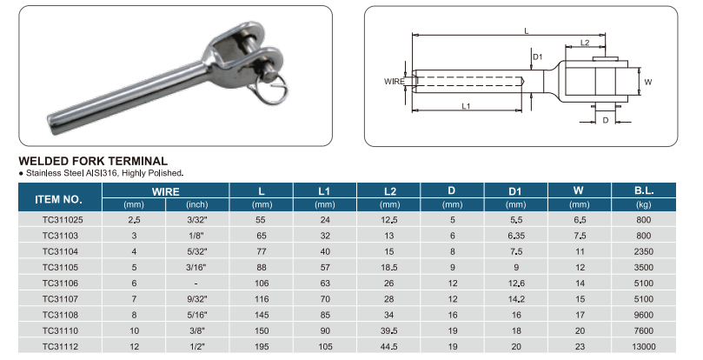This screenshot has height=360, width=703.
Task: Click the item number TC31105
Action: point(60,268)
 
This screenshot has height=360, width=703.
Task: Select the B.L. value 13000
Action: point(643,347)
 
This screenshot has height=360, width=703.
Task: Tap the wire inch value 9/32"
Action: point(196,299)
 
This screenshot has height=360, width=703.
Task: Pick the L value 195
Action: point(262,347)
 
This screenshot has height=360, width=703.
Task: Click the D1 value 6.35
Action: point(516,236)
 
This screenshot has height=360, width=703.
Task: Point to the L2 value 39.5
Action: point(388,330)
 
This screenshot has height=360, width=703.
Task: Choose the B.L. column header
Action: point(643,190)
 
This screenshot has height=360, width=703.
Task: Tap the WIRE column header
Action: point(165,191)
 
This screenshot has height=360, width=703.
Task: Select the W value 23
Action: point(580,347)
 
